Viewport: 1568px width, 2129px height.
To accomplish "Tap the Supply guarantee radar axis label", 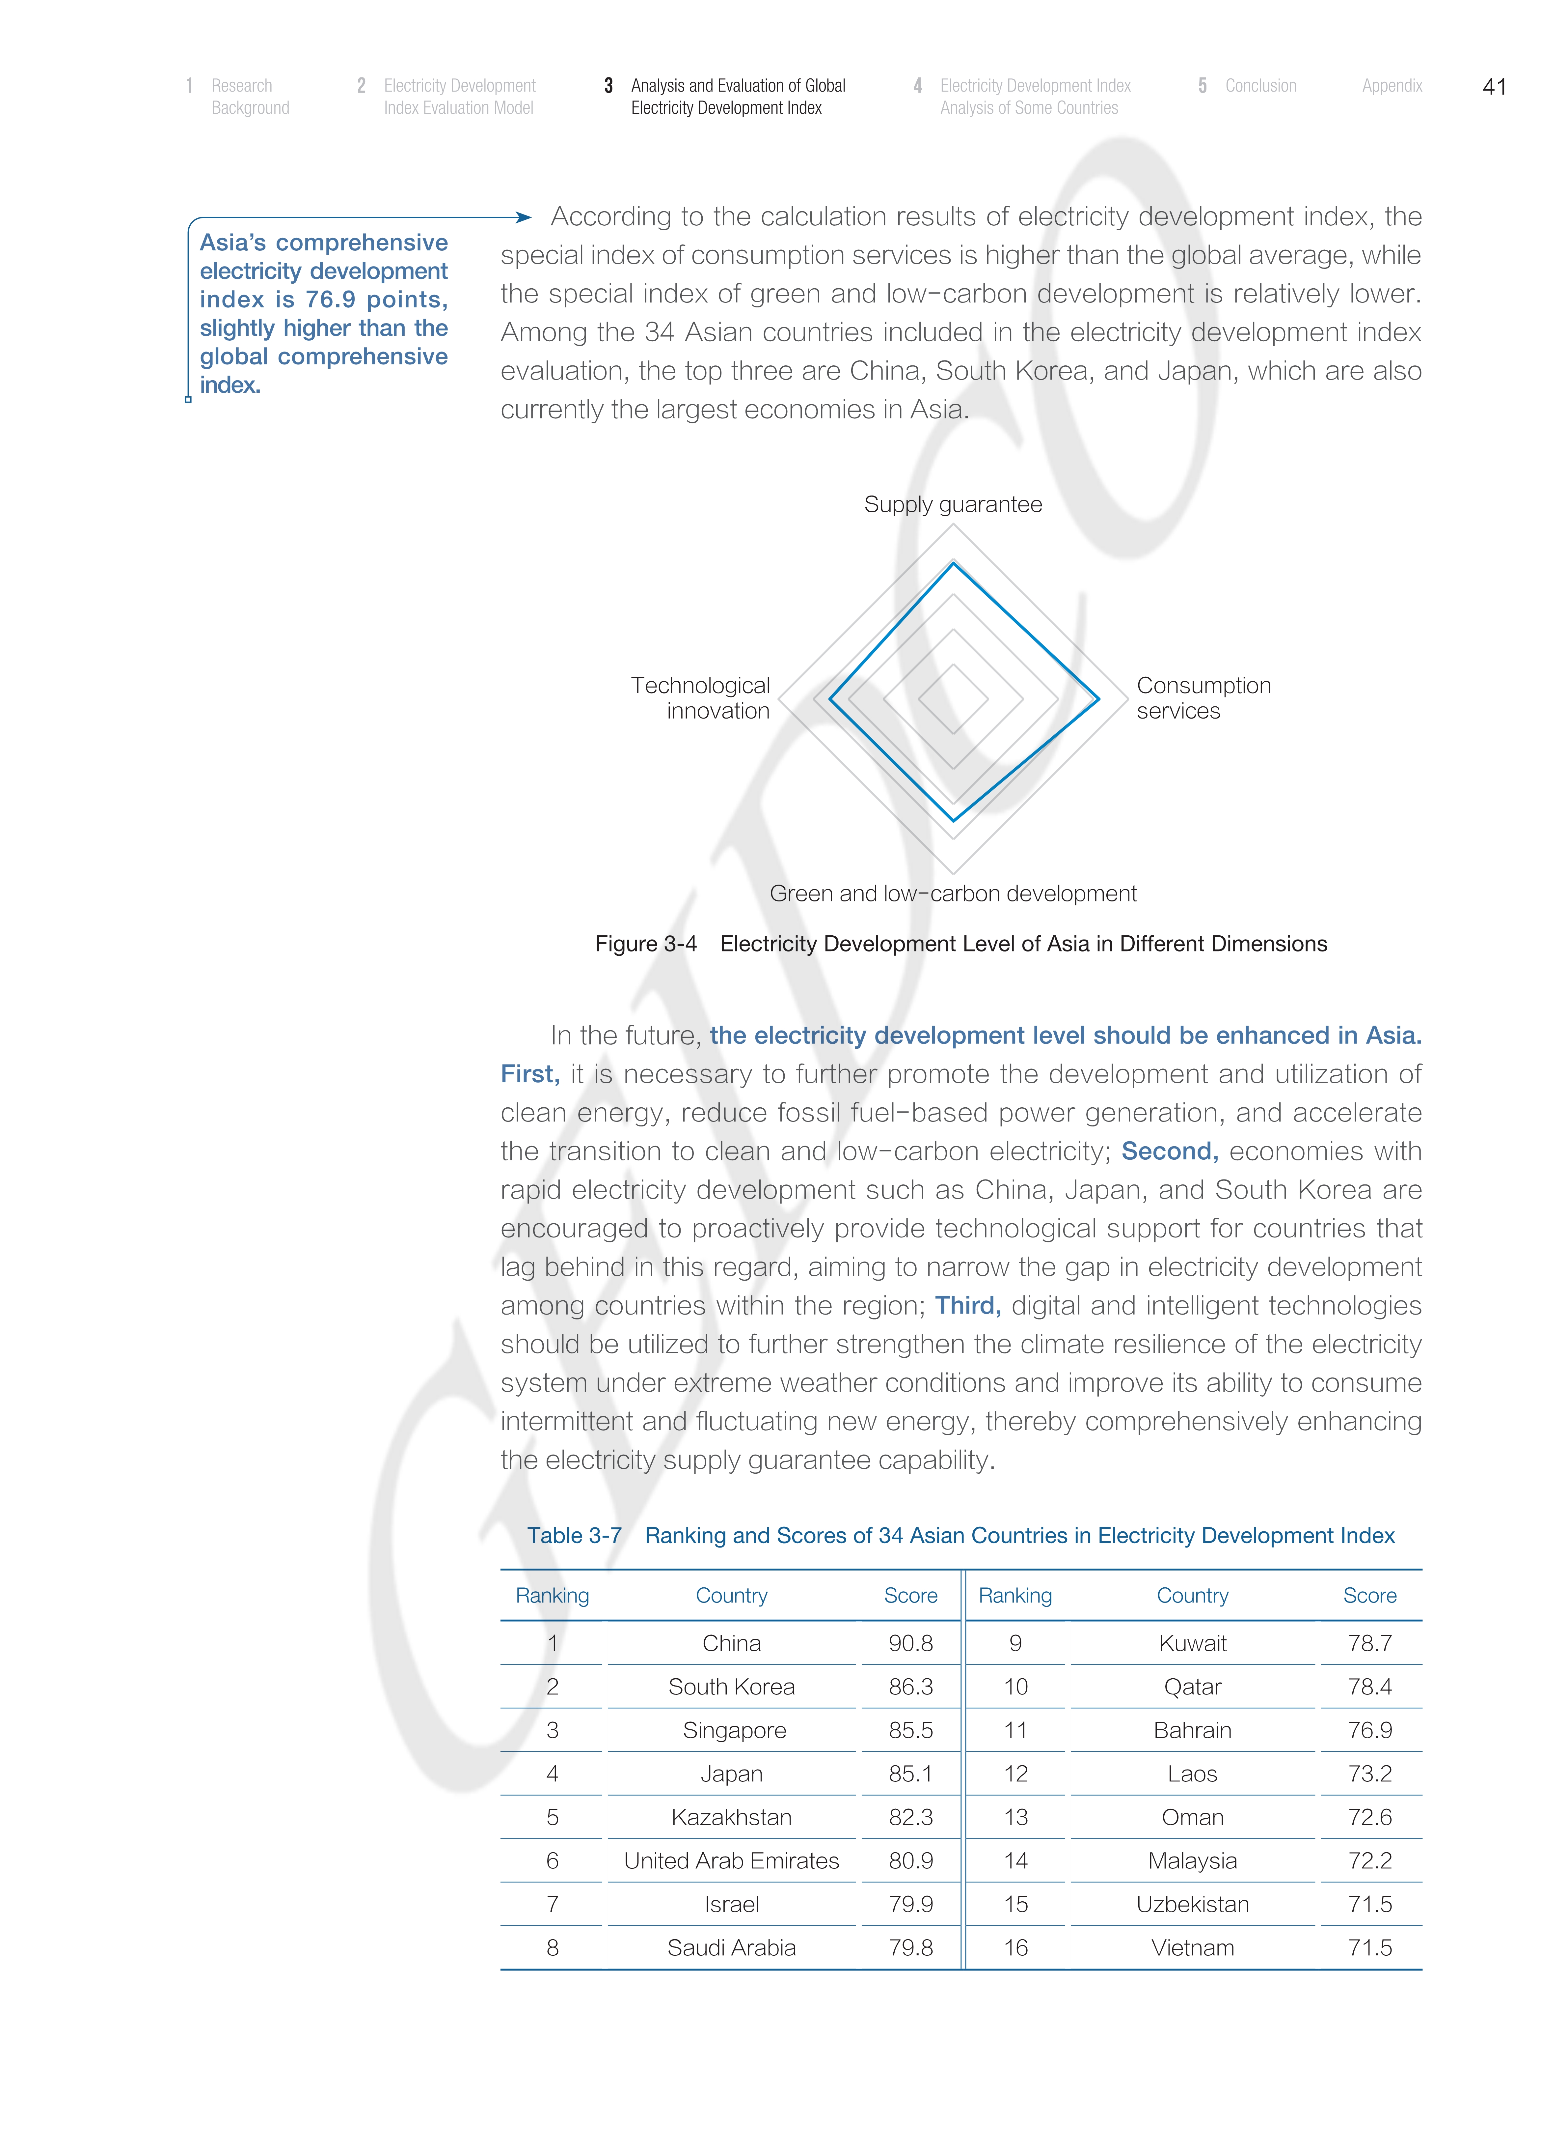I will click(x=953, y=504).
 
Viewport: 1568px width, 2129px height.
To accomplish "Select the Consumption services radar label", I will click(x=1203, y=698).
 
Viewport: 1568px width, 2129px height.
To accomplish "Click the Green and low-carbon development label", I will click(x=953, y=894).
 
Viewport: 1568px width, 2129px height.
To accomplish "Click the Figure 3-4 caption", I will click(x=960, y=944).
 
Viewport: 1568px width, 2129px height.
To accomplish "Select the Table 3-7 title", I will click(x=960, y=1536).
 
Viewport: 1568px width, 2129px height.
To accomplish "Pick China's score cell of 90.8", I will click(x=910, y=1643).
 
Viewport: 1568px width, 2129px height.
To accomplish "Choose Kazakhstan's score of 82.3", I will click(x=910, y=1817).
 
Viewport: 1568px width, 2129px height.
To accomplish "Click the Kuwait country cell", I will click(x=1192, y=1643).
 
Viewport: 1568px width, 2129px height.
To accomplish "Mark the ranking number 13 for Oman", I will click(x=1015, y=1817).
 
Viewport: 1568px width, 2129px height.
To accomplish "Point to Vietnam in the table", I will click(x=1192, y=1947).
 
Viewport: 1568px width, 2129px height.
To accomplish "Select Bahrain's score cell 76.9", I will click(x=1370, y=1730).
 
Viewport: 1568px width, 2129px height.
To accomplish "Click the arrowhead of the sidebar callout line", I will click(x=523, y=217).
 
